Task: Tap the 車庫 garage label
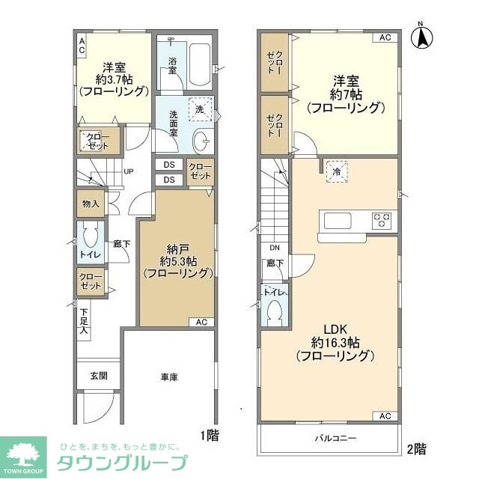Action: click(x=168, y=377)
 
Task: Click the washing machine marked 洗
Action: click(x=200, y=109)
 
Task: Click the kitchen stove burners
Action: click(x=383, y=221)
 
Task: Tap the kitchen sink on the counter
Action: click(x=336, y=221)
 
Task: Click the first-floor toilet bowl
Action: click(x=91, y=239)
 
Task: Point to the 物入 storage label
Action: click(x=91, y=204)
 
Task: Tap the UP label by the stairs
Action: click(x=128, y=171)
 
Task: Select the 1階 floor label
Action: click(x=209, y=433)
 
